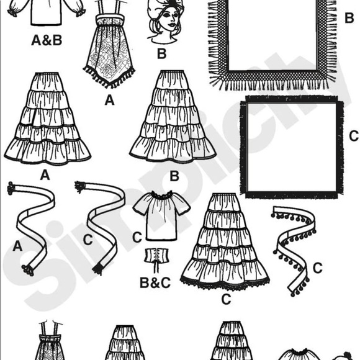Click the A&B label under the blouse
47,40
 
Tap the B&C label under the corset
155,282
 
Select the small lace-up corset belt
157,256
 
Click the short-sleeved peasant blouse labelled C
161,215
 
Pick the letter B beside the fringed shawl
349,17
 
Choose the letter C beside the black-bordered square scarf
354,136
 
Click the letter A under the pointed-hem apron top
109,101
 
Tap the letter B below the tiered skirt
174,176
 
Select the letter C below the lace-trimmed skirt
226,299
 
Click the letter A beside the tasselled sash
17,246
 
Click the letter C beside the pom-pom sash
318,268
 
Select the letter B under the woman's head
161,53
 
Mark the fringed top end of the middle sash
79,186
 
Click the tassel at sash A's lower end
27,270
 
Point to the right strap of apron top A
119,8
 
